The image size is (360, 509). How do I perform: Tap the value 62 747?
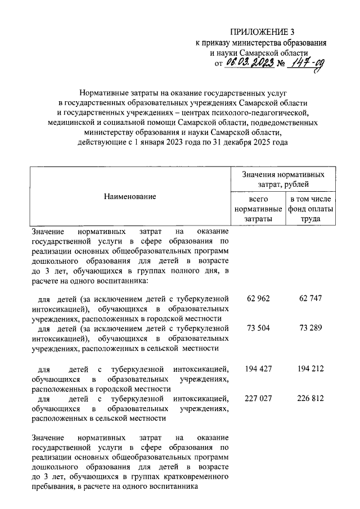[310, 298]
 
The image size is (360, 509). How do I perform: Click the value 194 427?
[258, 369]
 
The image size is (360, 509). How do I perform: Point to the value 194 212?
[310, 369]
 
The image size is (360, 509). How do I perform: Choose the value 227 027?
[258, 398]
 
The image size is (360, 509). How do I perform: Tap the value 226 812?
[310, 398]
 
